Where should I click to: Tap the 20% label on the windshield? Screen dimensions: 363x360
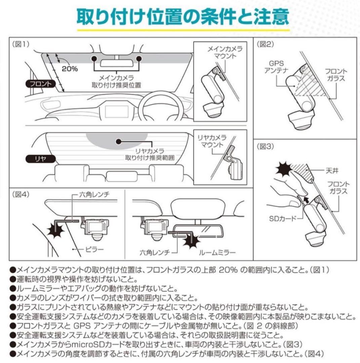click(x=70, y=69)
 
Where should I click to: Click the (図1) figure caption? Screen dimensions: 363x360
click(x=21, y=44)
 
